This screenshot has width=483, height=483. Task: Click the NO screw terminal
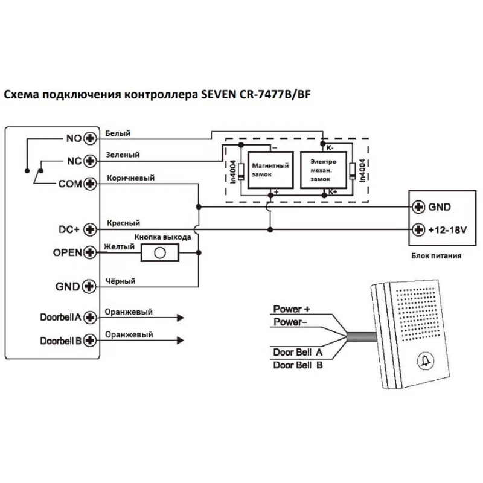coord(91,138)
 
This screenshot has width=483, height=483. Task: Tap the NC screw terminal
coord(91,161)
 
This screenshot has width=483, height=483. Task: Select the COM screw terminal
coord(91,184)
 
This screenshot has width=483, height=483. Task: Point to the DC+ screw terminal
coord(91,229)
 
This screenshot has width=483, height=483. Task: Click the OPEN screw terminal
coord(91,252)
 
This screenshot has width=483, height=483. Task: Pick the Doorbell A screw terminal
coord(91,317)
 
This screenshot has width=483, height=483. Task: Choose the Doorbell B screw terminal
coord(91,340)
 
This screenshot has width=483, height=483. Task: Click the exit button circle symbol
coord(159,253)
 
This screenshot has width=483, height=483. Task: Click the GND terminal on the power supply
coord(417,206)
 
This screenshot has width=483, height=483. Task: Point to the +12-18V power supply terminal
coord(417,230)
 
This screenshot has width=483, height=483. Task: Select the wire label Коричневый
coord(130,178)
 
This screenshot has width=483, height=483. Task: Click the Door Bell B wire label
coord(298,365)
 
